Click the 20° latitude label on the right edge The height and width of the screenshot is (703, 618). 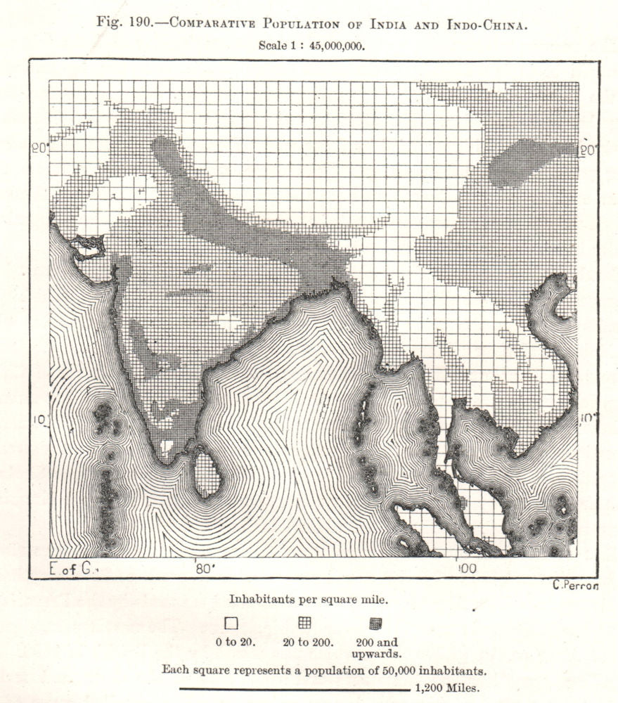point(587,150)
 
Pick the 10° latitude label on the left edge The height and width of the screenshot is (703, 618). point(39,420)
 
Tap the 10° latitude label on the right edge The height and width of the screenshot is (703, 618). point(586,418)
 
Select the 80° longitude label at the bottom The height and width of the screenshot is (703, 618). point(203,567)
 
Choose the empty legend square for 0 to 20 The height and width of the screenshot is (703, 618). point(231,624)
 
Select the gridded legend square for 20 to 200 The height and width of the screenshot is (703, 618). point(304,622)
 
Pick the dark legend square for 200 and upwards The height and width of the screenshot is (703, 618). point(376,623)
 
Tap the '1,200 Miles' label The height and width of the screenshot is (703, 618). point(448,688)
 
